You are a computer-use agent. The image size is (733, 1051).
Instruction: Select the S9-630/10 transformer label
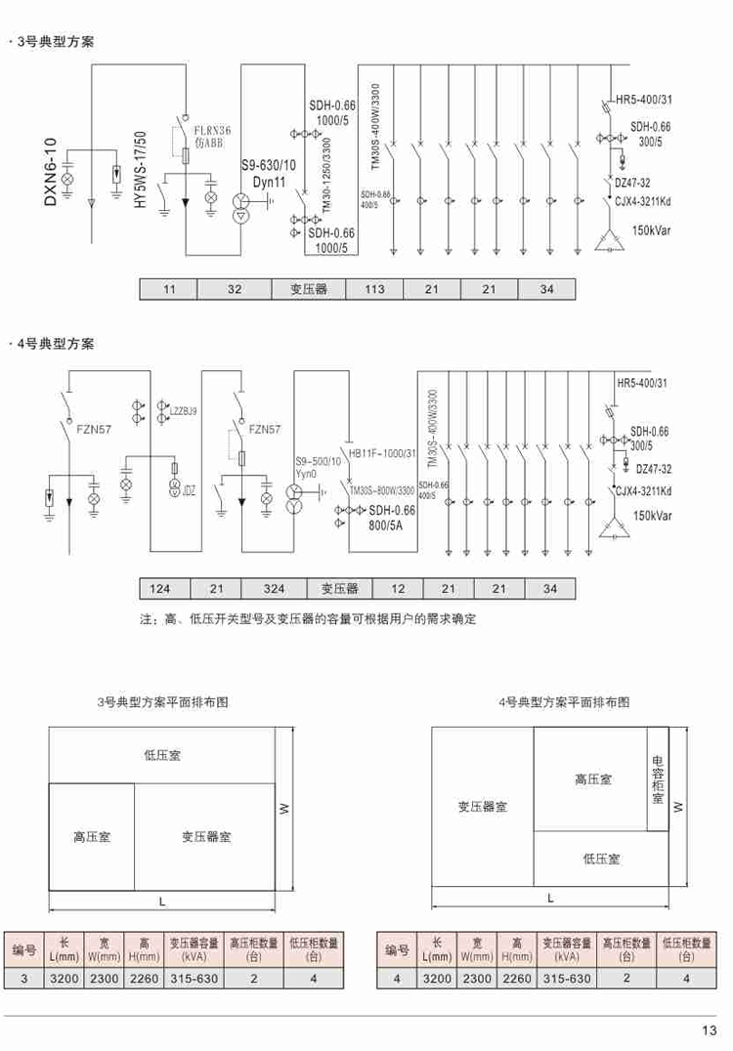(269, 167)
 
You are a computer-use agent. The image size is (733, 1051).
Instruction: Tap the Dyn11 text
(269, 183)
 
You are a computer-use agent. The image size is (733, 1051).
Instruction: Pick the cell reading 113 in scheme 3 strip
(375, 289)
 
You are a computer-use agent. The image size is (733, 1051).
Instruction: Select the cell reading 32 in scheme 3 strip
(235, 289)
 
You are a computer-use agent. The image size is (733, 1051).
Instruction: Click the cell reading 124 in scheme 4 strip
(160, 589)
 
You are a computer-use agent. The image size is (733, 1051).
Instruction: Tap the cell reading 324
(274, 589)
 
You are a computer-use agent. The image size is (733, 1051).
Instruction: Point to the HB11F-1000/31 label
(382, 453)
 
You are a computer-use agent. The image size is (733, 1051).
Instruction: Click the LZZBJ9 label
(184, 412)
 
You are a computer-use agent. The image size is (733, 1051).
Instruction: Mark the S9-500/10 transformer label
(319, 460)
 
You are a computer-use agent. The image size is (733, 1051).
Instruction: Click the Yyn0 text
(307, 473)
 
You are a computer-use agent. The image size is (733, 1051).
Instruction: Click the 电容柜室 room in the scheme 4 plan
(659, 780)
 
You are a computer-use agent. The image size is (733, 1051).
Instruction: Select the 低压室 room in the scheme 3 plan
(161, 755)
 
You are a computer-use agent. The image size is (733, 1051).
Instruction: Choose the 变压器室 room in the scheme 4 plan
(482, 807)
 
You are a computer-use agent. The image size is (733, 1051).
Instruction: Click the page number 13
(709, 1029)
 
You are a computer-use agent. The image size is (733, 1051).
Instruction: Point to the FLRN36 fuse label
(211, 130)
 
